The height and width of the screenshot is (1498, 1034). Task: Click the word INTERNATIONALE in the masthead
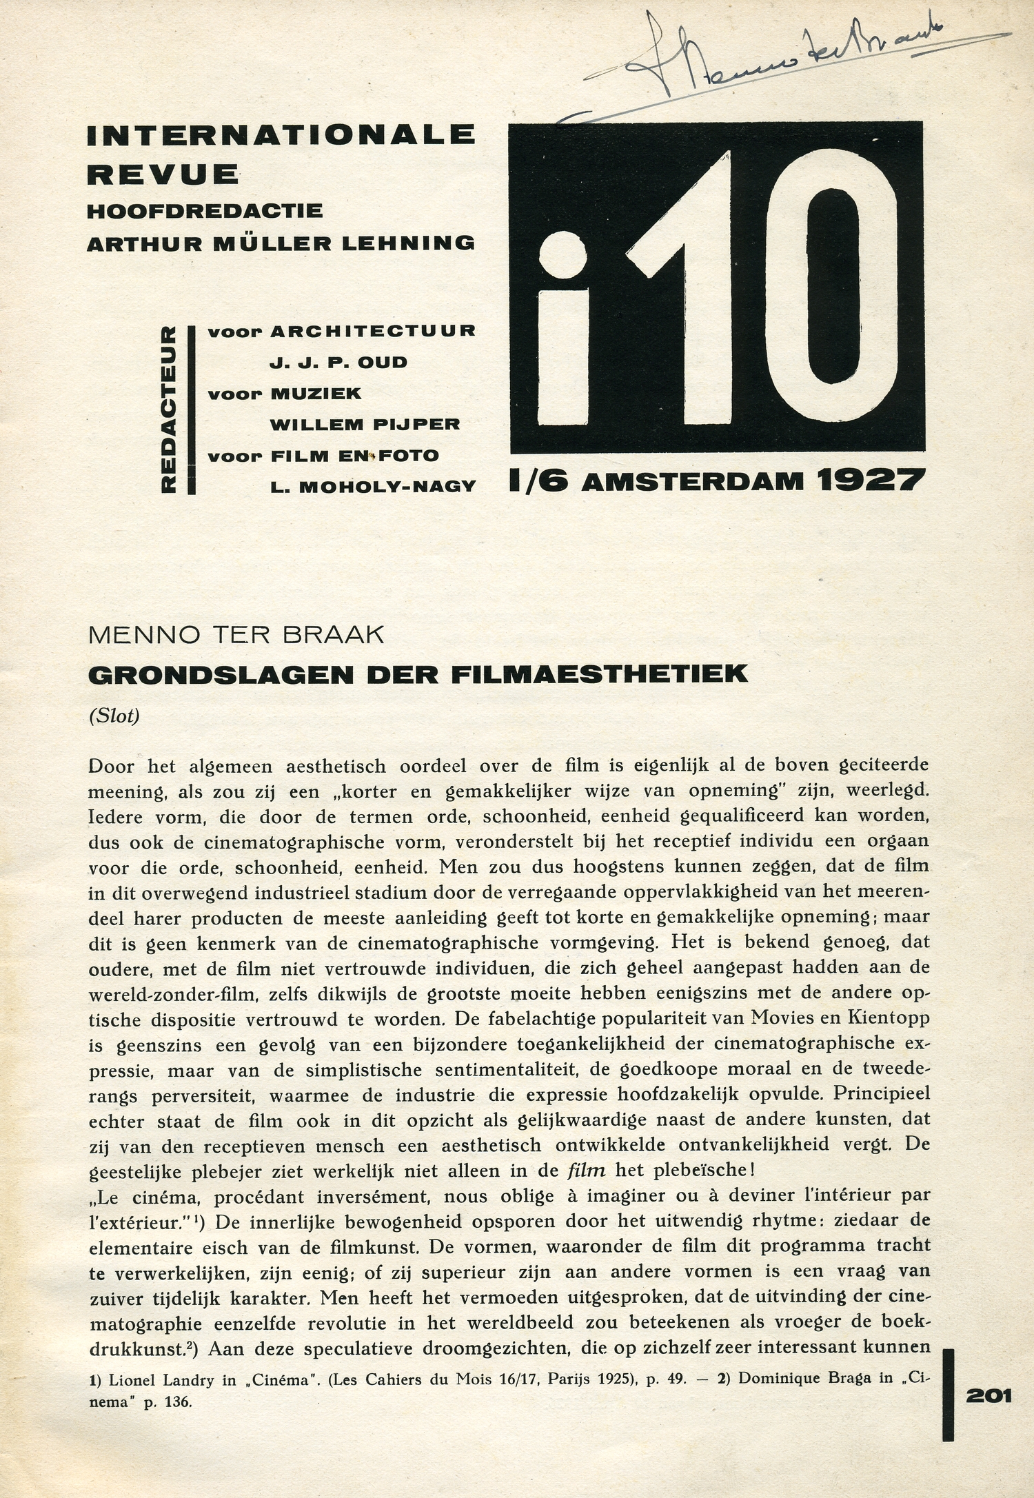(x=281, y=134)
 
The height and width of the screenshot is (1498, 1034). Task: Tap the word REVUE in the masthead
(x=163, y=174)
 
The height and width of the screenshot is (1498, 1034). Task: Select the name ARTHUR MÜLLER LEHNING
(x=281, y=243)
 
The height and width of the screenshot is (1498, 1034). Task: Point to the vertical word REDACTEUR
(x=168, y=409)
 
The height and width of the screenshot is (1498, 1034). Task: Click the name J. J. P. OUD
(x=338, y=363)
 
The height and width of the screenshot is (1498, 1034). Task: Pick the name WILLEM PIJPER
(x=365, y=425)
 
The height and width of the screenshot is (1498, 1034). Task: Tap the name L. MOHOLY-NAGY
(x=373, y=487)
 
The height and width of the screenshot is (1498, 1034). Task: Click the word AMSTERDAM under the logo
(x=693, y=481)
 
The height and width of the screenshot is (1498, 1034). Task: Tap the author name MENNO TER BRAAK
(x=236, y=635)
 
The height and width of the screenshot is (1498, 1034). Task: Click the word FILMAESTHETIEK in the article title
(x=599, y=674)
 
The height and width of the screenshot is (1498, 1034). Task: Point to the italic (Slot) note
(x=114, y=716)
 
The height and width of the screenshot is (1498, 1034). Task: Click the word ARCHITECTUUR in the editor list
(x=373, y=332)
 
